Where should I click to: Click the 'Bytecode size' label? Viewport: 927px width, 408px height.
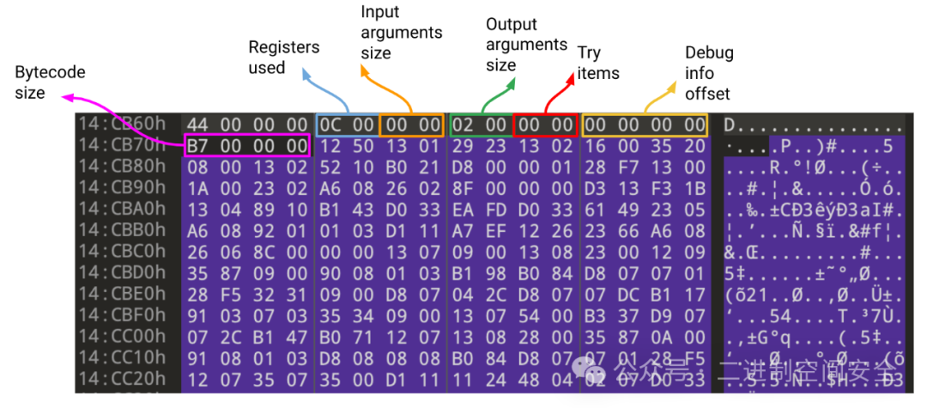(50, 82)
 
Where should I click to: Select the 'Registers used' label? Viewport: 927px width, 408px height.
(283, 58)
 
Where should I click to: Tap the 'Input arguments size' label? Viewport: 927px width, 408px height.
(401, 33)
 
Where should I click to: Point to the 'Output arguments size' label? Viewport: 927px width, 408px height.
(526, 45)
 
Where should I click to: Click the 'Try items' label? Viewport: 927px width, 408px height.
(598, 63)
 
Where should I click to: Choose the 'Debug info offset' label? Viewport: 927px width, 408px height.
(709, 72)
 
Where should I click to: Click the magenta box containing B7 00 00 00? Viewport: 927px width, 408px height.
(246, 147)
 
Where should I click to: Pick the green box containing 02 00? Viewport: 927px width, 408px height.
(479, 125)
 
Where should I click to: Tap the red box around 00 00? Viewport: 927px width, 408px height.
(544, 125)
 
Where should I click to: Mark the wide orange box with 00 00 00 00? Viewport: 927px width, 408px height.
(645, 125)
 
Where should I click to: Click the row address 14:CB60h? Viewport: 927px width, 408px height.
(126, 125)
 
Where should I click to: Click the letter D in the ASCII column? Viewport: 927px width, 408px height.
(730, 125)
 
